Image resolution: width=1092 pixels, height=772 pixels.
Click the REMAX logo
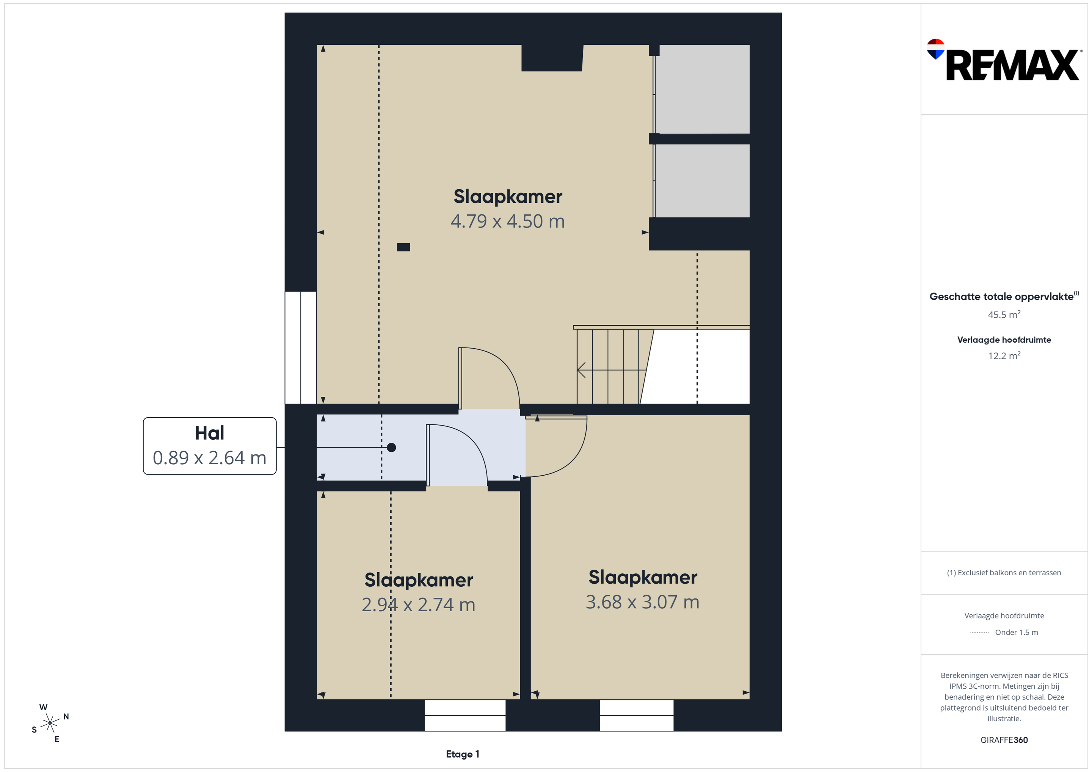click(x=1004, y=60)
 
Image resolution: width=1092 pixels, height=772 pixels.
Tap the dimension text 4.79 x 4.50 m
click(x=507, y=221)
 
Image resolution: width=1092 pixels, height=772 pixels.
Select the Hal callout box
click(x=210, y=446)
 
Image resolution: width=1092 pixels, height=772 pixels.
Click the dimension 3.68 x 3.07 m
click(x=643, y=602)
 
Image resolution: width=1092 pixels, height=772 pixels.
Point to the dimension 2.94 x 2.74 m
click(x=419, y=604)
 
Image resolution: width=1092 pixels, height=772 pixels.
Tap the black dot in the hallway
click(x=391, y=447)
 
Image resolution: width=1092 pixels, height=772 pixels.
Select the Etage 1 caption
click(x=462, y=754)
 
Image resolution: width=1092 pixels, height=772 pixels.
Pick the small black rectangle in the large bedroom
click(x=403, y=247)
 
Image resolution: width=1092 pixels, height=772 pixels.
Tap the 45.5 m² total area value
click(x=1004, y=314)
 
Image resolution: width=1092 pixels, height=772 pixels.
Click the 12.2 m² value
click(x=1004, y=355)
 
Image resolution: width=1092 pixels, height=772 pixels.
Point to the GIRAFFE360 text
click(x=1004, y=740)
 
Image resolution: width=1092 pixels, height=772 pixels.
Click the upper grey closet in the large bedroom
click(x=702, y=89)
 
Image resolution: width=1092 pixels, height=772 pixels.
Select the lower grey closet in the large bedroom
click(x=702, y=181)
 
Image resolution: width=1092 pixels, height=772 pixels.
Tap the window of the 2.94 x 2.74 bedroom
click(x=465, y=715)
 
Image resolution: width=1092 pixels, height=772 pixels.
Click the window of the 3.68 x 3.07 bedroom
click(x=636, y=715)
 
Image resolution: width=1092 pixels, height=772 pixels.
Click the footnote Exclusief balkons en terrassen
click(x=1004, y=573)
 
